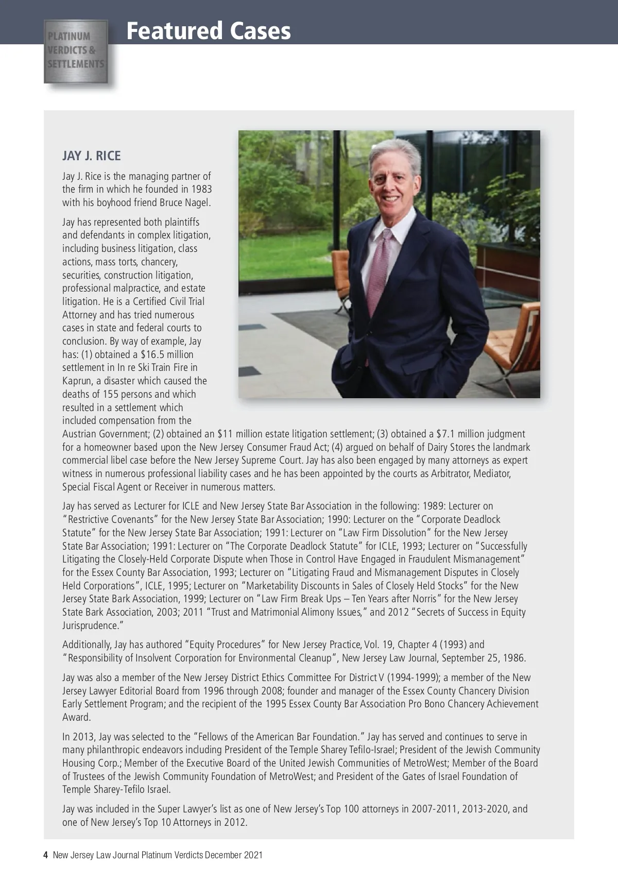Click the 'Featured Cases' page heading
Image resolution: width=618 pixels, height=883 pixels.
click(x=208, y=31)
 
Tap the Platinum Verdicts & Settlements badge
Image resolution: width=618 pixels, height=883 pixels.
click(x=76, y=51)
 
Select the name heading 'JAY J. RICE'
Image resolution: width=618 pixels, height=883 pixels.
click(x=92, y=156)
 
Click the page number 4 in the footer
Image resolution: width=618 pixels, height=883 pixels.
click(x=46, y=855)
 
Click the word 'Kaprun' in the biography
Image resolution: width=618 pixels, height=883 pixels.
click(x=76, y=381)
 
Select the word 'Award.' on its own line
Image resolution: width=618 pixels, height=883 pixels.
click(x=77, y=717)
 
